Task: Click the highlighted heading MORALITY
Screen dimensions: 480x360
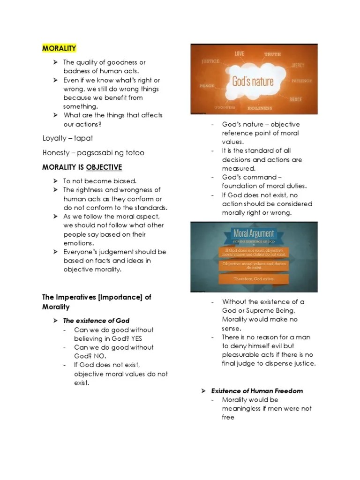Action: click(59, 48)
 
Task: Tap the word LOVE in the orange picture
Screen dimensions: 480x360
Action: click(240, 53)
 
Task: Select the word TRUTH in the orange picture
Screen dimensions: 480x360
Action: click(272, 54)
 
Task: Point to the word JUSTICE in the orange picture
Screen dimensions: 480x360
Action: click(210, 61)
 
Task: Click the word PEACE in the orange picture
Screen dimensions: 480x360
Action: click(207, 86)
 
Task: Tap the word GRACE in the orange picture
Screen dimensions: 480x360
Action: click(296, 99)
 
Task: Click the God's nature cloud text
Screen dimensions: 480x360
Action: click(253, 81)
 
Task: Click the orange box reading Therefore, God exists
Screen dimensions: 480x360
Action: click(255, 279)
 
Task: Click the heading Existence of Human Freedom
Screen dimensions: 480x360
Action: click(257, 391)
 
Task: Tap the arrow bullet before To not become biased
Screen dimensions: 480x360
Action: click(55, 181)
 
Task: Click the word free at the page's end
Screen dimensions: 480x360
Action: click(228, 417)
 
